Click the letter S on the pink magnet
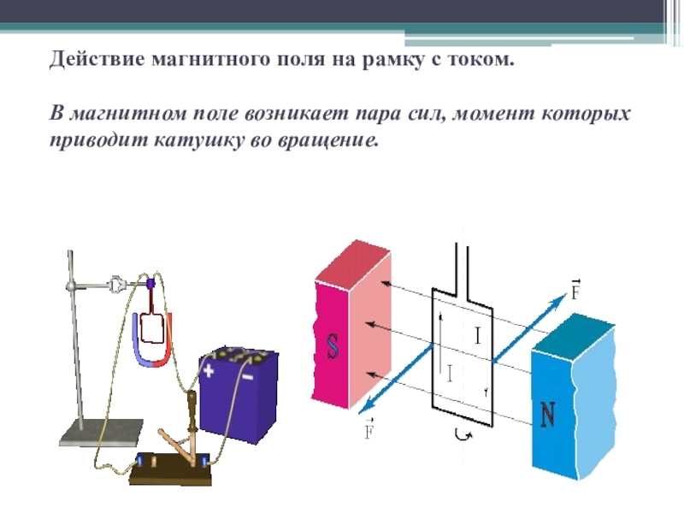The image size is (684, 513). [x=333, y=345]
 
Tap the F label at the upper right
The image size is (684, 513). [x=575, y=288]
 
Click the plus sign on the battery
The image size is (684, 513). [x=209, y=372]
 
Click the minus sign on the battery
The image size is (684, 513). [x=247, y=375]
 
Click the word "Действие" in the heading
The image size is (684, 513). [x=96, y=62]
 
